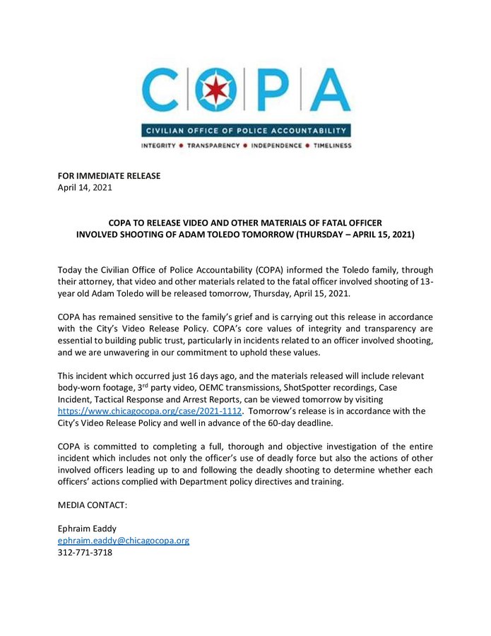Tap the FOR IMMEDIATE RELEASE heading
(x=109, y=176)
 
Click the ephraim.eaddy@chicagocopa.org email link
(x=123, y=541)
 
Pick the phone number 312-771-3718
(x=85, y=552)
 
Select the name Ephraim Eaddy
(x=88, y=529)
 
